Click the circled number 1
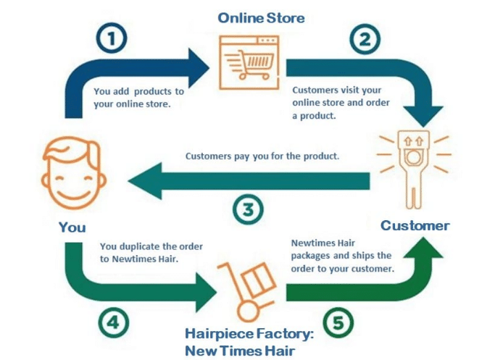pyautogui.click(x=112, y=38)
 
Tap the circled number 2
pyautogui.click(x=365, y=40)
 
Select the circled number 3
pyautogui.click(x=248, y=209)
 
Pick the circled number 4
pyautogui.click(x=114, y=322)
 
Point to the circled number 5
pyautogui.click(x=338, y=322)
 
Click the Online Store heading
pyautogui.click(x=261, y=17)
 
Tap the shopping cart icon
pyautogui.click(x=249, y=62)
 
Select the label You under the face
pyautogui.click(x=72, y=227)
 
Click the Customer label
pyautogui.click(x=415, y=225)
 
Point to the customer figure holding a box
pyautogui.click(x=414, y=169)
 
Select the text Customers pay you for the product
pyautogui.click(x=262, y=156)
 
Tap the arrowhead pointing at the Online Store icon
pyautogui.click(x=199, y=68)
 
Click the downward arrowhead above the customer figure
pyautogui.click(x=423, y=116)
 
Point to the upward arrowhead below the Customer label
pyautogui.click(x=423, y=248)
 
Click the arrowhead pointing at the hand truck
pyautogui.click(x=207, y=293)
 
